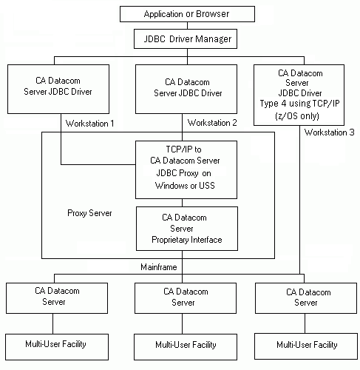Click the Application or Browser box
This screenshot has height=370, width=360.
tap(186, 14)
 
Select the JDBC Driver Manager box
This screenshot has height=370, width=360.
tap(186, 38)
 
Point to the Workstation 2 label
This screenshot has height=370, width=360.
tap(213, 122)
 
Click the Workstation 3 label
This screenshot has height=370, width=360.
tap(330, 133)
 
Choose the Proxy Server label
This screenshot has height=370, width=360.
tap(89, 213)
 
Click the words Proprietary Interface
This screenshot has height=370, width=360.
tap(186, 240)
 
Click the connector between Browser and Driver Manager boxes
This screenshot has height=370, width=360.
tap(186, 26)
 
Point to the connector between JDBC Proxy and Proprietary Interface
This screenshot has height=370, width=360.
tap(186, 202)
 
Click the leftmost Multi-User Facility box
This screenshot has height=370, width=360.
tap(53, 345)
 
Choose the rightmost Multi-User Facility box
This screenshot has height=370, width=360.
tap(306, 345)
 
